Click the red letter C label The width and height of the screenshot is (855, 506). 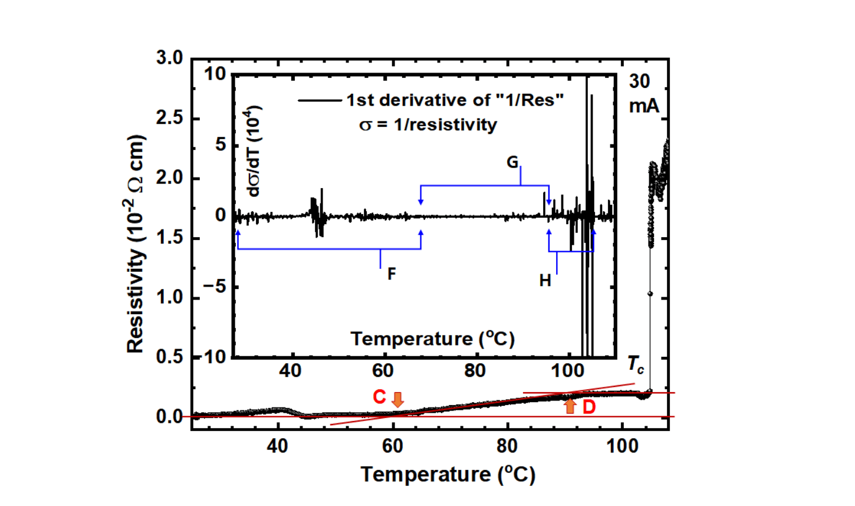(379, 397)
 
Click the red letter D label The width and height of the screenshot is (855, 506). (588, 407)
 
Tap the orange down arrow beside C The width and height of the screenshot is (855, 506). (398, 399)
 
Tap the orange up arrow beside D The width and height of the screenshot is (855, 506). (570, 406)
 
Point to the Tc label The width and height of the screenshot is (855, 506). (636, 365)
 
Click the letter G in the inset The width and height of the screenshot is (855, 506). (513, 162)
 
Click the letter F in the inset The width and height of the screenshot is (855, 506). (391, 274)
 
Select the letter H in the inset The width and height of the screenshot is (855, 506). (545, 281)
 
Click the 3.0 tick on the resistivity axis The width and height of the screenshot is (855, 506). (169, 58)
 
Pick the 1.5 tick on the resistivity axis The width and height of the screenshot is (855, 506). (169, 238)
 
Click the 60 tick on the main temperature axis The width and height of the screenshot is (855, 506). (392, 446)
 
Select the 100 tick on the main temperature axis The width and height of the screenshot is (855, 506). (623, 446)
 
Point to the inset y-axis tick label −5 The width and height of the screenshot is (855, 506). (215, 287)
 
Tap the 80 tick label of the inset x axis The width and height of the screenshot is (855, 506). (475, 371)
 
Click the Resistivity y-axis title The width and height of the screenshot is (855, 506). (136, 244)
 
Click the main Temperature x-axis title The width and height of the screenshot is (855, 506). (448, 474)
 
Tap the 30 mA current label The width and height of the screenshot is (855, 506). (643, 93)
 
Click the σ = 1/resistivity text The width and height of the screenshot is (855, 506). (428, 125)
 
